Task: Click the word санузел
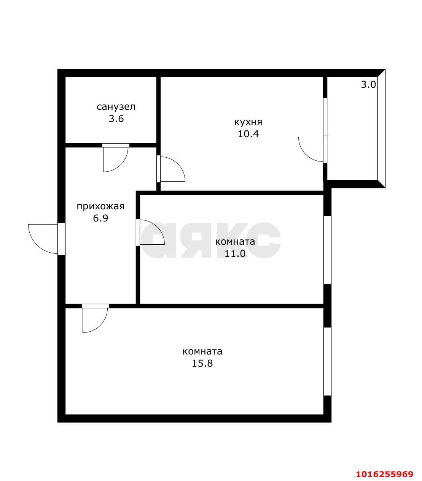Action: [x=116, y=107]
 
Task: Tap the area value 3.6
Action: [x=116, y=119]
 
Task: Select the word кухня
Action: [x=248, y=122]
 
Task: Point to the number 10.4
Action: [x=248, y=134]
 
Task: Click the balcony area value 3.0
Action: [x=368, y=84]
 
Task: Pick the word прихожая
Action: [x=100, y=207]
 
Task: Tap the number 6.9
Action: [x=100, y=218]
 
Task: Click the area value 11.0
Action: [x=235, y=253]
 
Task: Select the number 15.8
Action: [x=202, y=363]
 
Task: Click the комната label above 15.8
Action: [x=202, y=351]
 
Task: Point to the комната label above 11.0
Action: [x=235, y=242]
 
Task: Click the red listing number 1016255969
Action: [x=384, y=467]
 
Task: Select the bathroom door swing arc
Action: [x=121, y=165]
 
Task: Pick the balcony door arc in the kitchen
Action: [x=305, y=154]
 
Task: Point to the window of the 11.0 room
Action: [x=327, y=250]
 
